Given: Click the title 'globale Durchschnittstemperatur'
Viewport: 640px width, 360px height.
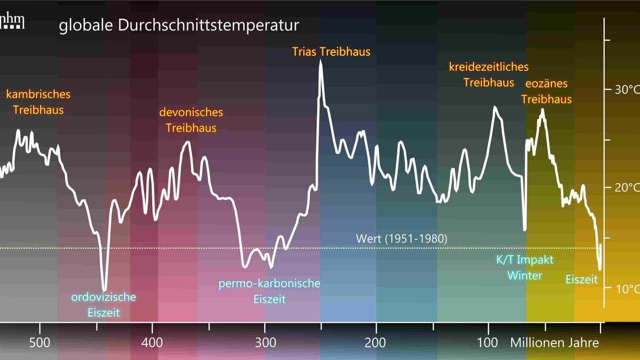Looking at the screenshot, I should (x=179, y=25).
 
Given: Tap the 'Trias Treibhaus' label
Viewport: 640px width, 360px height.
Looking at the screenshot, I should (x=331, y=52).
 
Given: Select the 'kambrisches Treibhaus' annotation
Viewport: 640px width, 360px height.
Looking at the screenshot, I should (x=38, y=102).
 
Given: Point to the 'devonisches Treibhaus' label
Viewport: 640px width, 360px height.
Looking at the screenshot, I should (x=191, y=120).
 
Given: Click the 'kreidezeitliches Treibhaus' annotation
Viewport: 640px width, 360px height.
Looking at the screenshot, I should (x=489, y=74).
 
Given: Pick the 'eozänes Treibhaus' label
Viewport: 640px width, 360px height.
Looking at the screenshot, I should (x=546, y=91).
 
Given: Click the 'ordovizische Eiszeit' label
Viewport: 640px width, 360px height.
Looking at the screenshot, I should (x=103, y=305).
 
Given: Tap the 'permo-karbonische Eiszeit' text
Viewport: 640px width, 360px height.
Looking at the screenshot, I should (x=269, y=291).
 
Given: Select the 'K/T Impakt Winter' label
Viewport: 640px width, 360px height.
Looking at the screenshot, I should (x=525, y=268).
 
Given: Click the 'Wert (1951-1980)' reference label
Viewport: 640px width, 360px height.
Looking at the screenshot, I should (x=401, y=238).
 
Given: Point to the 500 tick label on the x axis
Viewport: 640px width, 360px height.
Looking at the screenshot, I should (x=40, y=343).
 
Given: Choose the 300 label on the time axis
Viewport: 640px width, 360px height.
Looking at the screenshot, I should (x=265, y=343).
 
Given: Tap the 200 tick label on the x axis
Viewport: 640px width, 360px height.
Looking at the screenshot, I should (x=376, y=343).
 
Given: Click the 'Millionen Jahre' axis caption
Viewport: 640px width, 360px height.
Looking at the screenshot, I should (x=554, y=343).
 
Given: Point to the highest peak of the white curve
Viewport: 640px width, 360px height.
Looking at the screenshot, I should (x=320, y=63).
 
